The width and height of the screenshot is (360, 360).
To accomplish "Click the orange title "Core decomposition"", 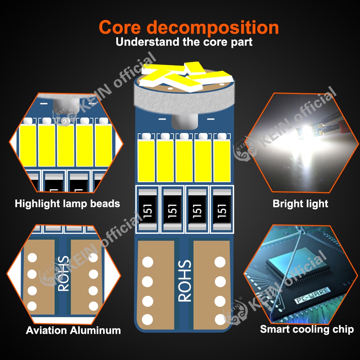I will [189, 27].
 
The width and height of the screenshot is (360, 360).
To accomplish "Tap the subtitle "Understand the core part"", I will [184, 42].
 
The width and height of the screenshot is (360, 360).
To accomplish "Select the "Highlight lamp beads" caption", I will [67, 204].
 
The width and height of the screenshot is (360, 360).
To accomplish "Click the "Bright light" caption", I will [300, 204].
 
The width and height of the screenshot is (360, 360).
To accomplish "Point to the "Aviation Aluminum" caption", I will [73, 330].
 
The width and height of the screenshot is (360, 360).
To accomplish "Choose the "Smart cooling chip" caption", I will [307, 329].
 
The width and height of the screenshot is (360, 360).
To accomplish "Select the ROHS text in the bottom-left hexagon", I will [63, 274].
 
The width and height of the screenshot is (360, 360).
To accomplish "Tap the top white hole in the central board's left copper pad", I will [148, 262].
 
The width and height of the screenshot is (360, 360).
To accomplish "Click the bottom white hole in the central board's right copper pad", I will [220, 318].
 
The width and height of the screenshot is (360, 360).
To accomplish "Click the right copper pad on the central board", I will [211, 284].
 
